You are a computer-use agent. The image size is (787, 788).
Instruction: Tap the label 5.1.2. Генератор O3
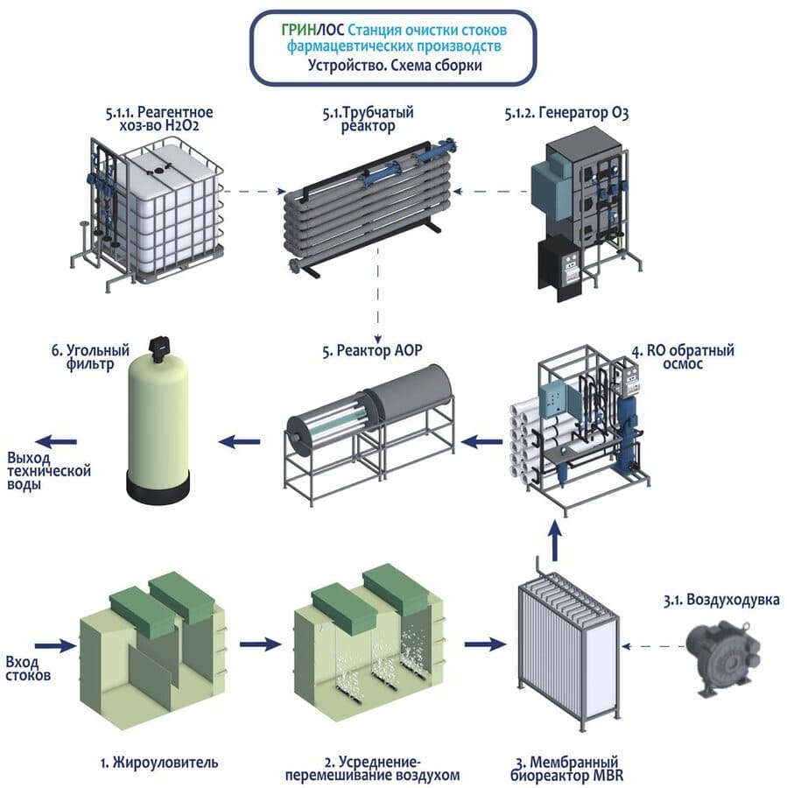[x=566, y=113]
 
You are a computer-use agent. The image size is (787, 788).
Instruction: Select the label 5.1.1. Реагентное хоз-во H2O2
[x=158, y=119]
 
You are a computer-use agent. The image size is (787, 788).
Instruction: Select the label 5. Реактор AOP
[x=372, y=351]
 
